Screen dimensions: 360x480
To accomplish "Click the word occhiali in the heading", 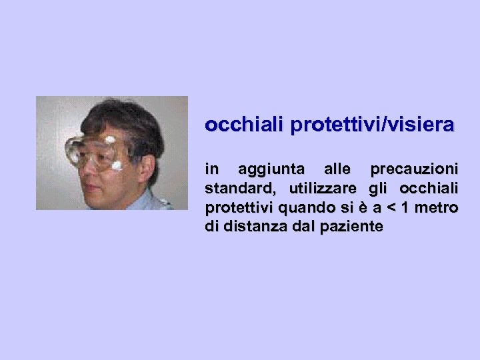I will [x=235, y=125].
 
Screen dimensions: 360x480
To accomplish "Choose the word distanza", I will [x=250, y=227].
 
